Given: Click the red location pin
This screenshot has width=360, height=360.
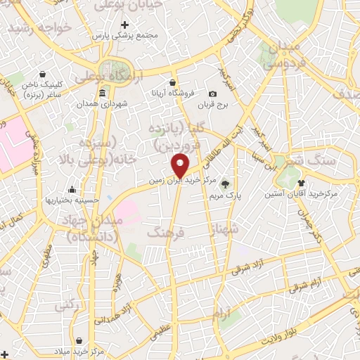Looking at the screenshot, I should coord(181,165).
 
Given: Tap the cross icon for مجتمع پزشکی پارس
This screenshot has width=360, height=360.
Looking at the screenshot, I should coord(125,25).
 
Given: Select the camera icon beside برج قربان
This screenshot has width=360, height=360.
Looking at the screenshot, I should coord(213,94).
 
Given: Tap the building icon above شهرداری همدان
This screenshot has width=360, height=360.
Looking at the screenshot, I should coord(103,94).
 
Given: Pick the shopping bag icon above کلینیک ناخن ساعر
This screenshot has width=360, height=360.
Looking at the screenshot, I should coord(44,74).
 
